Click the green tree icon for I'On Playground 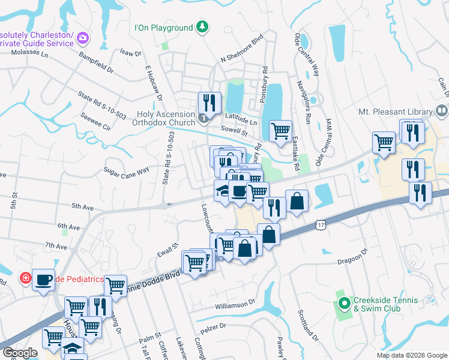[x=203, y=27]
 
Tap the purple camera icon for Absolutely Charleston [x=83, y=38]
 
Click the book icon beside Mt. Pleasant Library [x=441, y=111]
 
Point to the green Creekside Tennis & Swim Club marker [x=344, y=304]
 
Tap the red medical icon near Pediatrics [x=25, y=278]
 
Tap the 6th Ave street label [x=69, y=227]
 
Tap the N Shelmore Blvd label [x=242, y=52]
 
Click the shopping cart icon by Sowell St [x=280, y=130]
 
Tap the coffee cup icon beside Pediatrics [x=43, y=279]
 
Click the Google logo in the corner [x=19, y=353]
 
